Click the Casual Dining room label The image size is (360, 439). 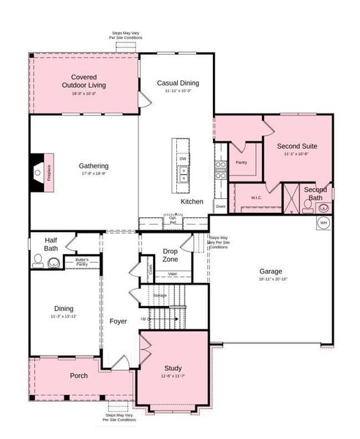coord(178,83)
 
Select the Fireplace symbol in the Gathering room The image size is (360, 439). coord(40,173)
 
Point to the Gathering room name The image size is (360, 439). coord(94,165)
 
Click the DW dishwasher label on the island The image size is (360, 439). coord(181,158)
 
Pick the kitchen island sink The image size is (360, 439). coord(182,174)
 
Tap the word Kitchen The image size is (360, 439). coord(192,201)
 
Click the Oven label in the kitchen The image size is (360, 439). coord(220,206)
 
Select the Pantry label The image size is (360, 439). coord(241,162)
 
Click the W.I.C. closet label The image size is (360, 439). coord(256,197)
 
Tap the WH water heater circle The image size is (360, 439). coord(323,223)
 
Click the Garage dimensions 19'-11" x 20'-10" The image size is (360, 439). coord(273,279)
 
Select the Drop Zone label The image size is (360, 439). coord(170,255)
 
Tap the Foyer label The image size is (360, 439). coord(119,321)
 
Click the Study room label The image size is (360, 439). coord(173,368)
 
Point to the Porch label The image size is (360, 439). coord(79,375)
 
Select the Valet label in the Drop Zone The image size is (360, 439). coord(172,274)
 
